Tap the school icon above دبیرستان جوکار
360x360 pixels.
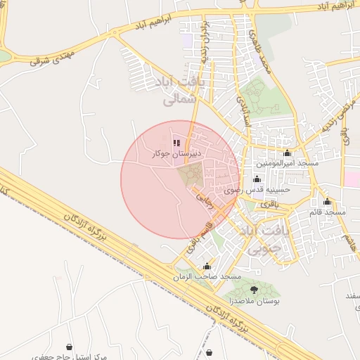176,143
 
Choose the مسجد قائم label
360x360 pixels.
327,212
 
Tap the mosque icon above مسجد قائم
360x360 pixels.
327,202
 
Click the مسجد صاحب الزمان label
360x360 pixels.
207,277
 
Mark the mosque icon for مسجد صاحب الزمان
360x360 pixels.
207,267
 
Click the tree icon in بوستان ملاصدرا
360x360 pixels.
253,290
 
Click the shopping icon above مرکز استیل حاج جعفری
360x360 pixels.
69,347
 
